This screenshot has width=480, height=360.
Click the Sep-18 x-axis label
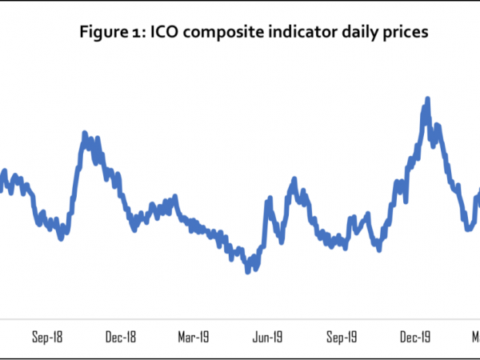tap(47, 337)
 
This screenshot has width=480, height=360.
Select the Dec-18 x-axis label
tap(121, 337)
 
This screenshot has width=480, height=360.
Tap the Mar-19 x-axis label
tap(194, 337)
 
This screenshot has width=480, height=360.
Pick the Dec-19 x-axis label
tap(415, 337)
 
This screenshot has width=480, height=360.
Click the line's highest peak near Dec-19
tap(427, 99)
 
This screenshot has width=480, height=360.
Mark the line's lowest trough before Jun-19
tap(248, 270)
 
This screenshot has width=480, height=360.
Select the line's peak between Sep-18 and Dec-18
tap(85, 134)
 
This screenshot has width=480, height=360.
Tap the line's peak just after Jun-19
tap(294, 181)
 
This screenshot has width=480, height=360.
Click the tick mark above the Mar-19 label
tap(194, 319)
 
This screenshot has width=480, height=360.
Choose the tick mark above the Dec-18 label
tap(121, 319)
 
